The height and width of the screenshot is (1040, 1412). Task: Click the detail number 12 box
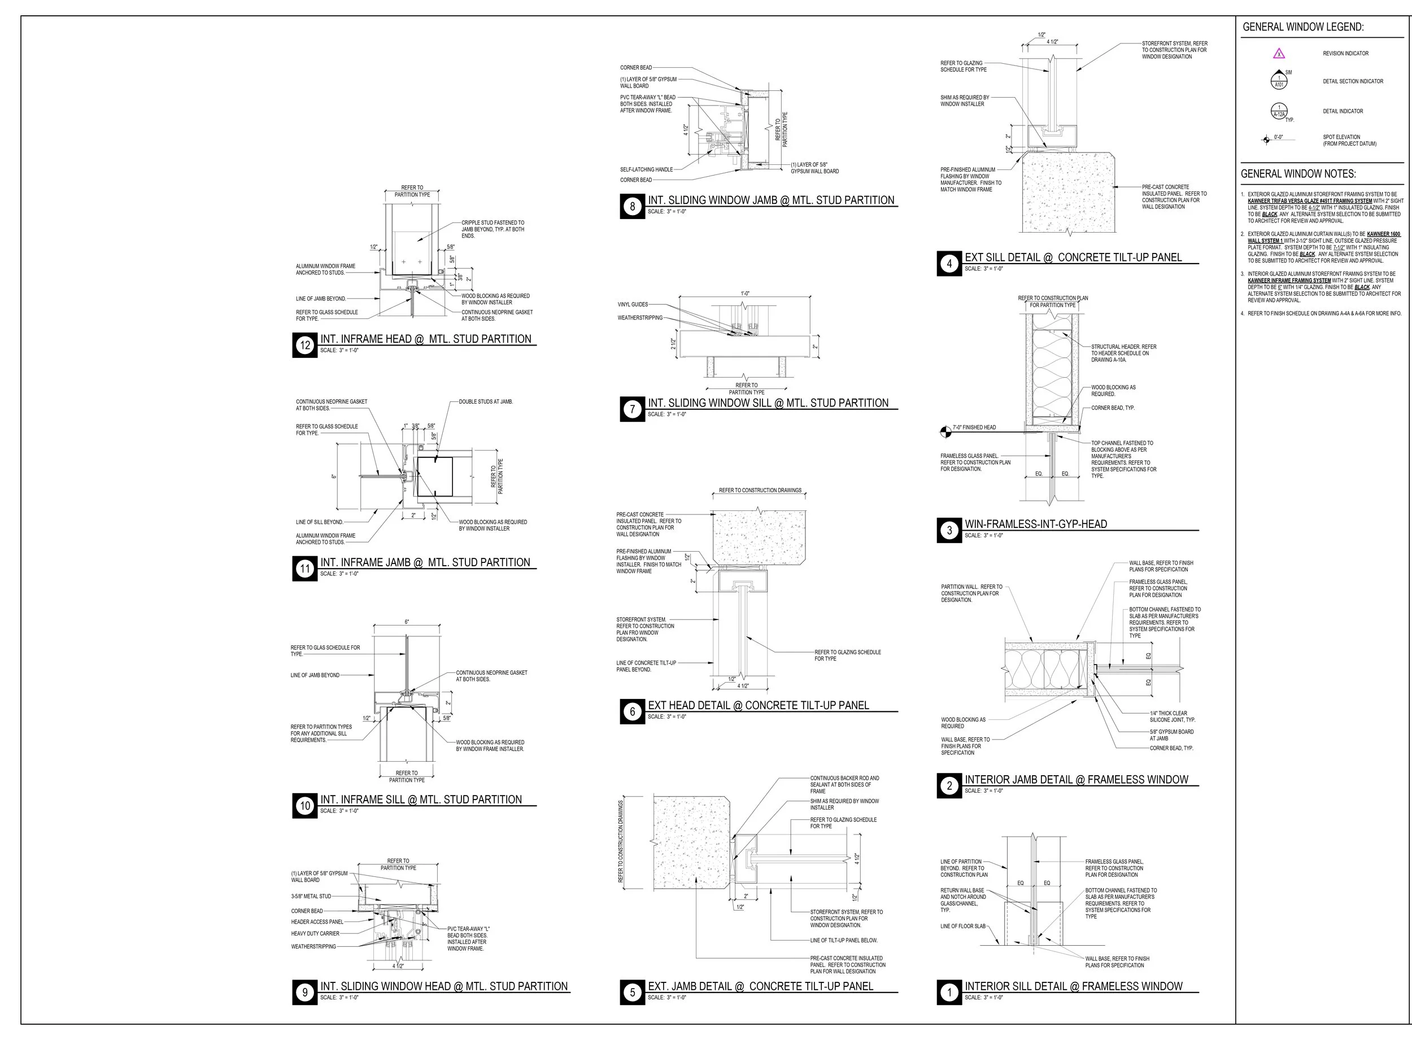point(305,345)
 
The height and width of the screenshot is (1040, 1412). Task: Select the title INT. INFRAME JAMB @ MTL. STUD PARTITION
point(425,562)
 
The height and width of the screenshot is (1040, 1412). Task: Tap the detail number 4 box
point(949,264)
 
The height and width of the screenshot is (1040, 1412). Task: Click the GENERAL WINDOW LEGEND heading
point(1303,27)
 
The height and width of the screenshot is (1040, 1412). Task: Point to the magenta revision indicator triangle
point(1279,54)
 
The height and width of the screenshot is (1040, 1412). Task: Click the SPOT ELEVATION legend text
point(1349,141)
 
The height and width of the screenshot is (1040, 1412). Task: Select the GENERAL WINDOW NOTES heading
point(1298,174)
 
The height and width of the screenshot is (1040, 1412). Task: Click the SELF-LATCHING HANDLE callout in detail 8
point(646,169)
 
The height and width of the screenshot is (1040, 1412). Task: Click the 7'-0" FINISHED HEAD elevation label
point(974,427)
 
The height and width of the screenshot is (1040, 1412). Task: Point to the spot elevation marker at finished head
point(945,432)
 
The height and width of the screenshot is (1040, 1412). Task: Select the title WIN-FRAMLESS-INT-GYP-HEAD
point(1035,524)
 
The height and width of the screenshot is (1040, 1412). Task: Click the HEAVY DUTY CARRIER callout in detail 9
point(315,934)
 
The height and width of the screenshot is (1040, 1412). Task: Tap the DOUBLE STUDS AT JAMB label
point(486,401)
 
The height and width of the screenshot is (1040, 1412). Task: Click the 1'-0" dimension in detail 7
point(745,294)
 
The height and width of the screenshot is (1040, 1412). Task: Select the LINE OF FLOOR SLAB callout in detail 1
point(963,926)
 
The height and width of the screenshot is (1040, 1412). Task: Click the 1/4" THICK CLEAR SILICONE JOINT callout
point(1172,716)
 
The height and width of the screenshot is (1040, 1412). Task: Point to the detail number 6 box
point(633,711)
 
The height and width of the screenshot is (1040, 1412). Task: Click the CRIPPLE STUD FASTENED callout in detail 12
point(493,229)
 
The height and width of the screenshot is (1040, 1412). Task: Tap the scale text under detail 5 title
point(666,998)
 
